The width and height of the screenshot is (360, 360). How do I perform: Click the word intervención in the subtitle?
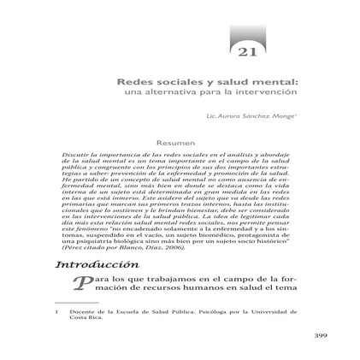click(x=276, y=89)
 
